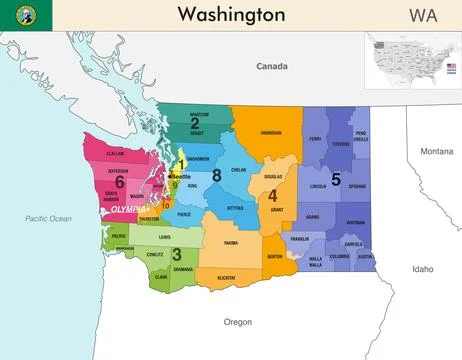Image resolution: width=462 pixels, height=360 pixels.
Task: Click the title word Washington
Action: click(230, 14)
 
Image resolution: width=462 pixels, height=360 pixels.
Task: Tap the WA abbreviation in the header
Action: click(422, 14)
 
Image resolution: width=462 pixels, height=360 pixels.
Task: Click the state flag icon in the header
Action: click(21, 14)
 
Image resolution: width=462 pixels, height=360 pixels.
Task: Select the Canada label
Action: click(271, 66)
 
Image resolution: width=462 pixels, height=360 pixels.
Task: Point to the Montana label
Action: click(436, 151)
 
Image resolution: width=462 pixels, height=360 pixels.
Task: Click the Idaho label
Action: click(422, 268)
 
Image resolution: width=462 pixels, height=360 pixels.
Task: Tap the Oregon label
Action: click(238, 322)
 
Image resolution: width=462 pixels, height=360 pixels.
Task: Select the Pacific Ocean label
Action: click(49, 218)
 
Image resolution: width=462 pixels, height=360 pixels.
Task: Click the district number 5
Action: click(336, 179)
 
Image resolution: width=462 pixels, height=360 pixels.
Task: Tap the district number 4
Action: click(272, 195)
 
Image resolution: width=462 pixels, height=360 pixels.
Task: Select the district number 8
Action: click(216, 176)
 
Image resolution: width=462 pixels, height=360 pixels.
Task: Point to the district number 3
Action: click(176, 254)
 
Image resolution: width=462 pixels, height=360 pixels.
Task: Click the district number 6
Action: click(119, 182)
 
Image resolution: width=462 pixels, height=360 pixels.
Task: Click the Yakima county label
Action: click(230, 243)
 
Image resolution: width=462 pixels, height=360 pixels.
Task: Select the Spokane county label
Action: click(358, 187)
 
